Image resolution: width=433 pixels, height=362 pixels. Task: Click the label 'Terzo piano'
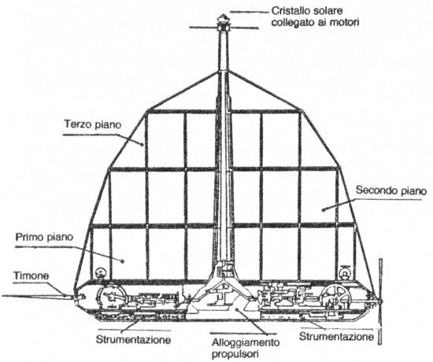pos(93,124)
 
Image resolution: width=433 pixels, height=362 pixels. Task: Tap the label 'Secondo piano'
pos(391,190)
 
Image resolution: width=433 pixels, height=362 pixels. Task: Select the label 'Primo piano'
pos(44,237)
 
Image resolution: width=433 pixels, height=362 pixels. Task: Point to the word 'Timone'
pos(31,275)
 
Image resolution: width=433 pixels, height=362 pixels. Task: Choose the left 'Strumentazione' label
pos(133,340)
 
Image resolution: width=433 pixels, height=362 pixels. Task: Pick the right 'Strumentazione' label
pos(336,337)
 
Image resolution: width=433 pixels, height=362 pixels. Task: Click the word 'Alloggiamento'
pos(246,342)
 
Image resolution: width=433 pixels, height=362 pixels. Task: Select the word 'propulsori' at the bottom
pos(235,353)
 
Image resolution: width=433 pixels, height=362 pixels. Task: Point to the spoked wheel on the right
pos(335,297)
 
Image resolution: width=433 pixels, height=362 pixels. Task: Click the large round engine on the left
pos(110,297)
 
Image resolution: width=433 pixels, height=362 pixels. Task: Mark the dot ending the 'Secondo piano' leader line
pos(323,210)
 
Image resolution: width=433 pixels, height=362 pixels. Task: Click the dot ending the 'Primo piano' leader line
pos(123,260)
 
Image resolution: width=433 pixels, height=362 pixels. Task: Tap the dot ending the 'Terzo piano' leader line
pos(142,144)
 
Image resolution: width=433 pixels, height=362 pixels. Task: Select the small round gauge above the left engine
pos(101,274)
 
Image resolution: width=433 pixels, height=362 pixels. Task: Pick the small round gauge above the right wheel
pos(344,273)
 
